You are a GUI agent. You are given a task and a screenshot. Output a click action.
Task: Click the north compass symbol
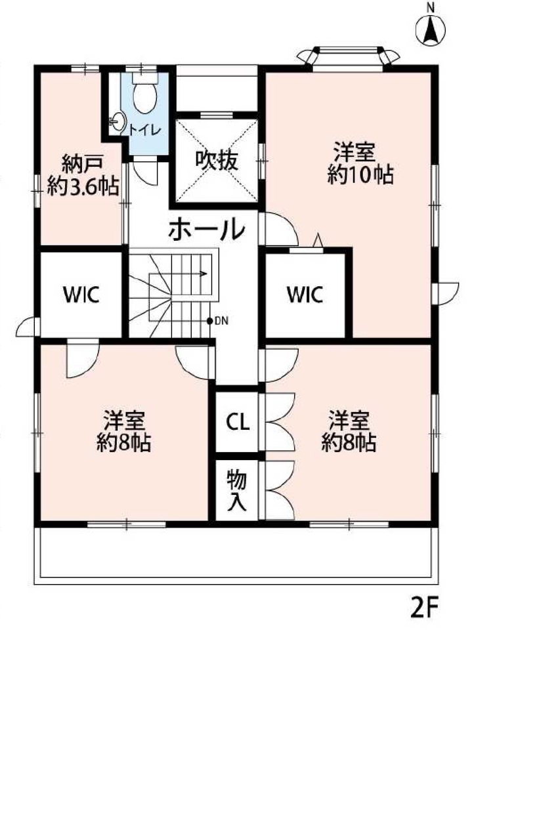pyautogui.click(x=431, y=28)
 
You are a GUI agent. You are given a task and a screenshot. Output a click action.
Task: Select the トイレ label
pyautogui.click(x=145, y=130)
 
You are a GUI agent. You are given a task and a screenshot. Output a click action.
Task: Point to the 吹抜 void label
pyautogui.click(x=217, y=161)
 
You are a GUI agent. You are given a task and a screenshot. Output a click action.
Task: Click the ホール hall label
pyautogui.click(x=207, y=229)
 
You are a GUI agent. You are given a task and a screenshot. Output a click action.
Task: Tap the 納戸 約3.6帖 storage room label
pyautogui.click(x=83, y=175)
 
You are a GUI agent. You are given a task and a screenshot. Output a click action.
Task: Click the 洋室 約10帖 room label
pyautogui.click(x=360, y=163)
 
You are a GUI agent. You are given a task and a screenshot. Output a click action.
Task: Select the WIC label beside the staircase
pyautogui.click(x=81, y=295)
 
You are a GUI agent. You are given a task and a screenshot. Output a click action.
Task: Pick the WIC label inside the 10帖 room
pyautogui.click(x=305, y=295)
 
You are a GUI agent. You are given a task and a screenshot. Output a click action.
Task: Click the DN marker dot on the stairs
pyautogui.click(x=209, y=321)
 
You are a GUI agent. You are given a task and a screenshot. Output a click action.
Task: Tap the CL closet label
pyautogui.click(x=238, y=422)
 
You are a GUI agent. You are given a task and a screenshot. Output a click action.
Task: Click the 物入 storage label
pyautogui.click(x=237, y=491)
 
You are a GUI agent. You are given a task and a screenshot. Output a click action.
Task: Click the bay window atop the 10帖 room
pyautogui.click(x=349, y=56)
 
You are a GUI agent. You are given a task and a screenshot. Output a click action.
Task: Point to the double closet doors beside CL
pyautogui.click(x=280, y=422)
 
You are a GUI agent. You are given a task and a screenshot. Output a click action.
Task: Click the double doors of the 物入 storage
pyautogui.click(x=280, y=490)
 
